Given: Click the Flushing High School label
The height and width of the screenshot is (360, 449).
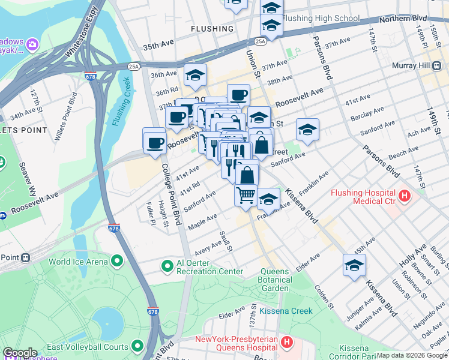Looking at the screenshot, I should pos(321,18).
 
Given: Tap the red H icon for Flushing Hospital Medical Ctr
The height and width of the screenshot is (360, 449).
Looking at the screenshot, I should pos(405,196).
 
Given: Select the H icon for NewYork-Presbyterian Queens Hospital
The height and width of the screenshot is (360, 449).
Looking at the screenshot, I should pos(287,342).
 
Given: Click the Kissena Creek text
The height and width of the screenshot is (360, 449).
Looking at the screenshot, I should pos(286,311).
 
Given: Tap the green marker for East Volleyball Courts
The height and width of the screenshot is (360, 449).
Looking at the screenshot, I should pos(137,346).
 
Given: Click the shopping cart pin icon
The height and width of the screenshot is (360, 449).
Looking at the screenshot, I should pos(246,195).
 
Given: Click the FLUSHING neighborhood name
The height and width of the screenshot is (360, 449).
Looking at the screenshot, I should pos(212,29).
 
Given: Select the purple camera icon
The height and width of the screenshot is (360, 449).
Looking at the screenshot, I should pos(31,44).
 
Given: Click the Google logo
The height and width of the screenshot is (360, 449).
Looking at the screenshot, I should pos(20,352).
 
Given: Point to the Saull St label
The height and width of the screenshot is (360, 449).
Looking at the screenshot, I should pos(226,241).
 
